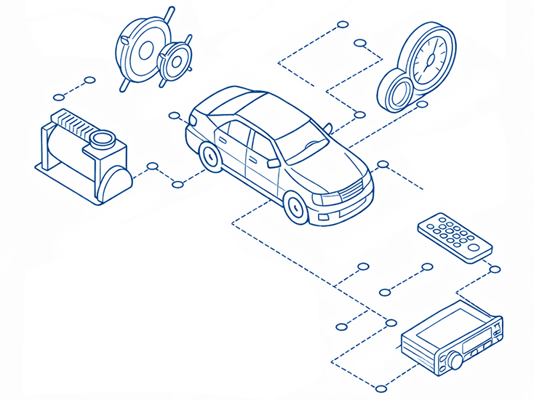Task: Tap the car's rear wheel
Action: point(211,156)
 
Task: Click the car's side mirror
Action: point(274,163)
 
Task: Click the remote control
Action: point(455,237)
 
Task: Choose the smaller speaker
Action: point(175,60)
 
